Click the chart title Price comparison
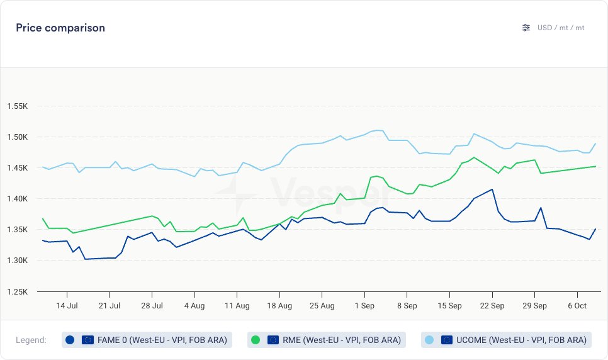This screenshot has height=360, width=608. (60, 28)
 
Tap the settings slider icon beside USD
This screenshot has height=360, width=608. (526, 28)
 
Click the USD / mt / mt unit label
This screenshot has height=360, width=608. (561, 28)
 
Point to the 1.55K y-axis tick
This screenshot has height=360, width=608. (17, 106)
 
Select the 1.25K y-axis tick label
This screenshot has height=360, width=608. (17, 292)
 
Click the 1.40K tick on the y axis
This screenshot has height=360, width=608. (17, 199)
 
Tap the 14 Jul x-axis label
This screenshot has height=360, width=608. (67, 306)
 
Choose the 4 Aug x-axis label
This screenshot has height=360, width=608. (194, 306)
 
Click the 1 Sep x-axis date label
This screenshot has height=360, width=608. (364, 306)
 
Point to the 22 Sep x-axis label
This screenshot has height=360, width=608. (492, 306)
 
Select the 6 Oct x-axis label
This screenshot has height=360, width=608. (577, 306)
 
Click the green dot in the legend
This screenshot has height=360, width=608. (256, 340)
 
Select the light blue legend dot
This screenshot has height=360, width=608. (429, 340)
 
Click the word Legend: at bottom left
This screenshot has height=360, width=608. (31, 340)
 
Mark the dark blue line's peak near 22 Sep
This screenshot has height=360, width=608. (492, 189)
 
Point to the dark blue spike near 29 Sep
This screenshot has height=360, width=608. (541, 208)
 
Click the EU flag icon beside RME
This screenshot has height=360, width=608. (273, 340)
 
